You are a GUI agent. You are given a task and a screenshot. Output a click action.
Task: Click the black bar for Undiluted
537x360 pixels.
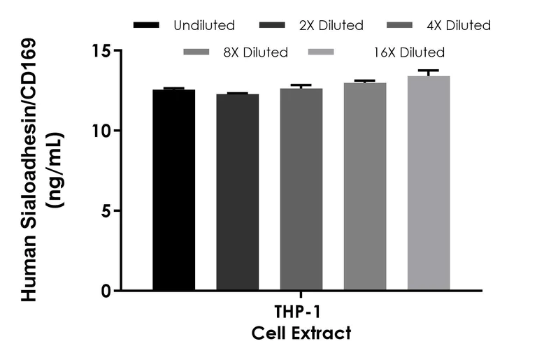pos(174,189)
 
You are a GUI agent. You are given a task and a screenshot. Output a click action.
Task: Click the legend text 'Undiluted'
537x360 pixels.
pos(204,26)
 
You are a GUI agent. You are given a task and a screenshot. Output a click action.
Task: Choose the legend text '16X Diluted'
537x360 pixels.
pos(409,52)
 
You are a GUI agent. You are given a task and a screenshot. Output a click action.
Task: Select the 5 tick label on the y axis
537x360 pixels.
pos(106,210)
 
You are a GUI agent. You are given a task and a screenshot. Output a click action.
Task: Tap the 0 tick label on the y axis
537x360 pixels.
pos(106,291)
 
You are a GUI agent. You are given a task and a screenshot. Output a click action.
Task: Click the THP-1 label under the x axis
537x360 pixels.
pos(301,312)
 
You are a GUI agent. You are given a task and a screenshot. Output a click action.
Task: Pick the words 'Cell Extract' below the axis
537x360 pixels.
pos(301,333)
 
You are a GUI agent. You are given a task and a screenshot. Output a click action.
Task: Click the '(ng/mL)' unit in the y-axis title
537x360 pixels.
pos(53,171)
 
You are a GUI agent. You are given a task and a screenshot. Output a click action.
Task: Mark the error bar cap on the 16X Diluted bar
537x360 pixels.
pos(429,71)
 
